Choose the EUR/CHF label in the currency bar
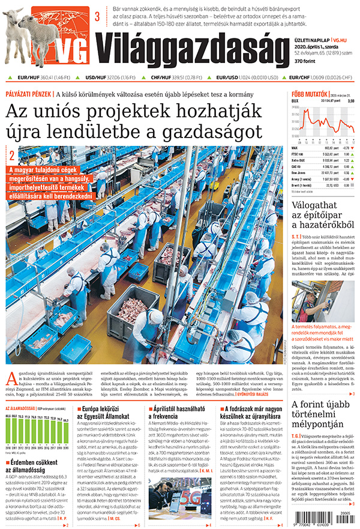[x=300, y=77]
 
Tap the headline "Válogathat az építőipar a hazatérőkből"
[x=323, y=217]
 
